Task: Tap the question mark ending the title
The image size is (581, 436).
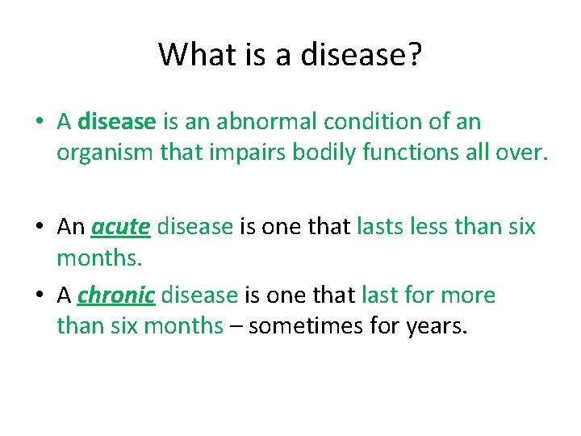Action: (x=415, y=54)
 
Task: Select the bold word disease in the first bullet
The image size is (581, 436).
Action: (x=117, y=122)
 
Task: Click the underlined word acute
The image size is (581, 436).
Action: (x=121, y=227)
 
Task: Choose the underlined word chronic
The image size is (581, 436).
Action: (x=116, y=296)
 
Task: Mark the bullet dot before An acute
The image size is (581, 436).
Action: (x=40, y=228)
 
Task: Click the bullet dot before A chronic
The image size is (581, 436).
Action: (x=40, y=296)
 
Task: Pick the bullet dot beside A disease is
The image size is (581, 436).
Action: (x=40, y=123)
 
